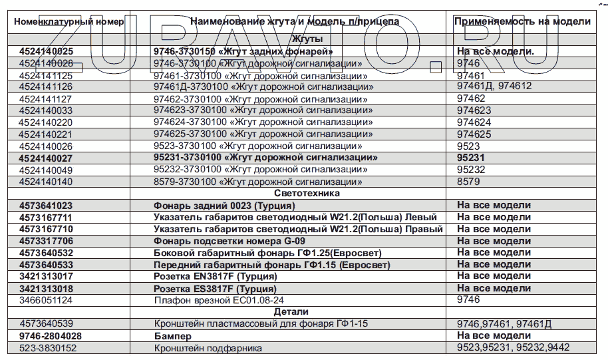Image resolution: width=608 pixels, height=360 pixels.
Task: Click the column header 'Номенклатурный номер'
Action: point(69,21)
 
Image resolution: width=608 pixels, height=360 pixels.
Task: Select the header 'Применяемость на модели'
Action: point(522,21)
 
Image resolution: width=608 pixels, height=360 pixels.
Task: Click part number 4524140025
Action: point(47,51)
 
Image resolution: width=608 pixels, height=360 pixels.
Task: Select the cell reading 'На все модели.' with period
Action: point(496,51)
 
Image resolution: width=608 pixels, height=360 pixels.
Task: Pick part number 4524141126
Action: point(46,87)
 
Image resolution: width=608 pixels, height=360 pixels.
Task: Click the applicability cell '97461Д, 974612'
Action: point(494,87)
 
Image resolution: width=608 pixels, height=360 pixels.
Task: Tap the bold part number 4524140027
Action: point(47,158)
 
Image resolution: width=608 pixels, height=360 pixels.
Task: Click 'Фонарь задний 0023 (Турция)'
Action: point(219,206)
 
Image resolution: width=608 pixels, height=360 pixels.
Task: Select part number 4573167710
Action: point(47,229)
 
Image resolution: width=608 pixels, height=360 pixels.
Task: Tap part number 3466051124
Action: point(46,300)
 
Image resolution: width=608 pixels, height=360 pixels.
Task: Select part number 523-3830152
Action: point(48,348)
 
